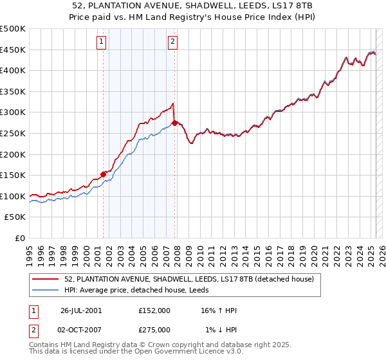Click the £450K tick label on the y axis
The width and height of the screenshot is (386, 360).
coord(13,50)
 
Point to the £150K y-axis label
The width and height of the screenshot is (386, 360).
coord(13,175)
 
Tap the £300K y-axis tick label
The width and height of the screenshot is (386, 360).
coord(13,113)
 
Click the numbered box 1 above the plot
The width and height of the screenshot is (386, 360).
coord(102,42)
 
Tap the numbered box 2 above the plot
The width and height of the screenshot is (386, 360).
coord(173,42)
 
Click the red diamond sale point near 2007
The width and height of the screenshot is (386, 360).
coord(174,123)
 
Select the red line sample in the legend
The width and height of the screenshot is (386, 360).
coord(46,279)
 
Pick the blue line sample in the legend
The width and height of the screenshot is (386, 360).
coord(46,290)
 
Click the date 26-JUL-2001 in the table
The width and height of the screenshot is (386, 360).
coord(81,310)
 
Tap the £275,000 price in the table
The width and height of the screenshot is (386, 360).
coord(154,330)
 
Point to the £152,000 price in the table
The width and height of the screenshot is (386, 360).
coord(154,310)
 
